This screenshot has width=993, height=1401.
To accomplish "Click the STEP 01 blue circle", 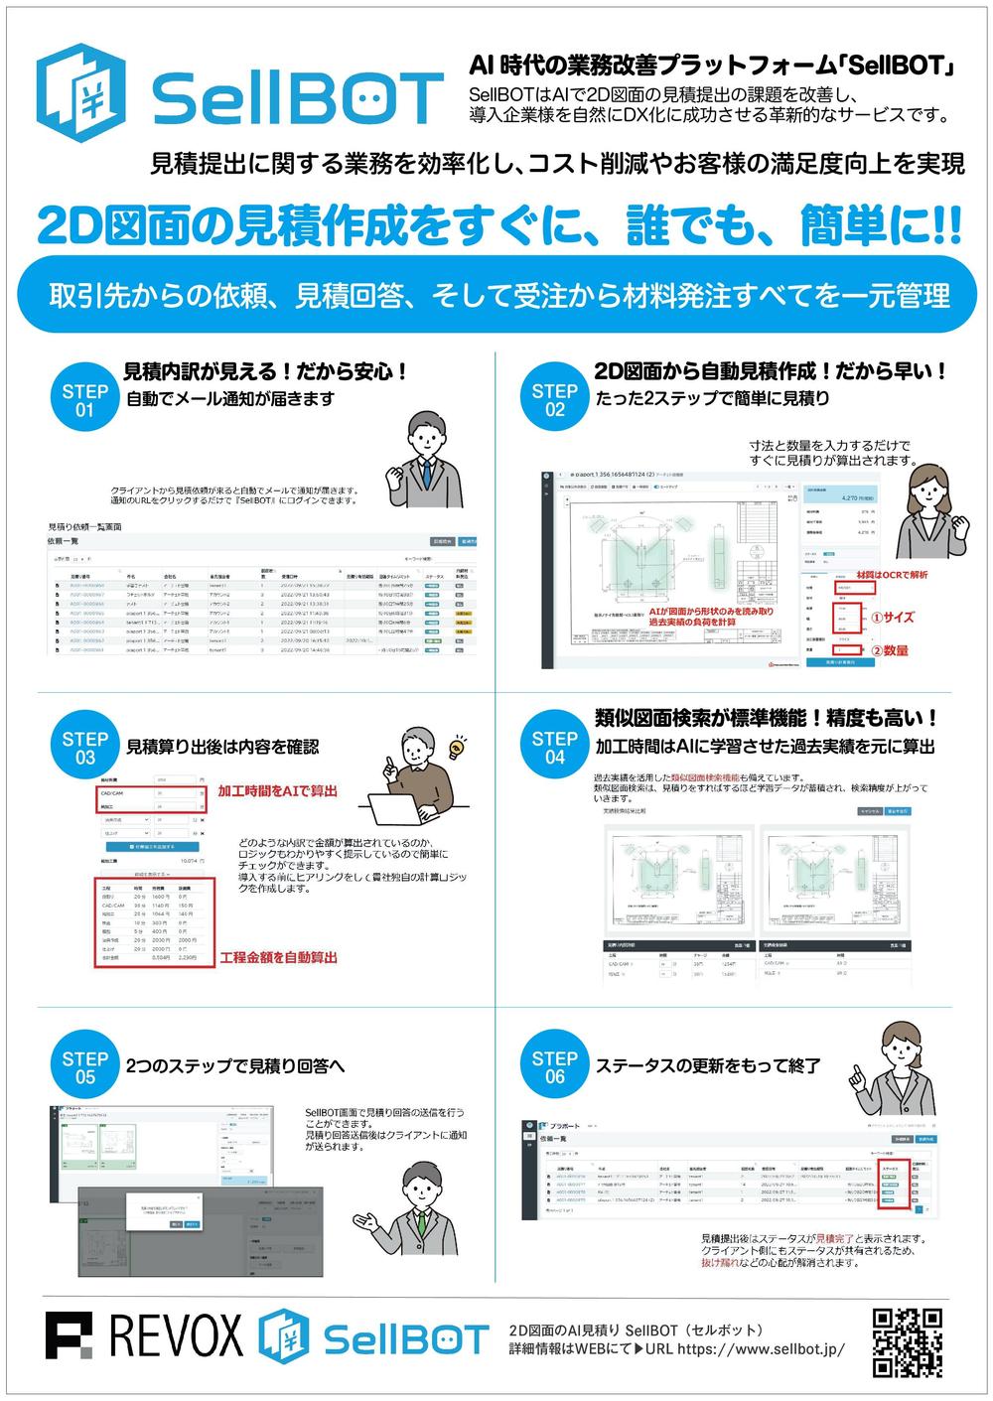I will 84,400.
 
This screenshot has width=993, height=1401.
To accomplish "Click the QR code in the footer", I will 906,1342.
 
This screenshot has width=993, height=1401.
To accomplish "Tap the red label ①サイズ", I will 892,617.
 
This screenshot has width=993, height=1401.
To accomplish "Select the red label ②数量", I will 890,650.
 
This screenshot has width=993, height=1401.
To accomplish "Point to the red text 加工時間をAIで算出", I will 278,790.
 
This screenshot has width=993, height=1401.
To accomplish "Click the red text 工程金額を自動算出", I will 278,957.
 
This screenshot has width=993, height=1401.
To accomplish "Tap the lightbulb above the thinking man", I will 458,747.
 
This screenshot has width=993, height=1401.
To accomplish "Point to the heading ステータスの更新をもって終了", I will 707,1066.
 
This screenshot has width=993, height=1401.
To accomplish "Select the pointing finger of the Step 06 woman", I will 855,1073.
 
